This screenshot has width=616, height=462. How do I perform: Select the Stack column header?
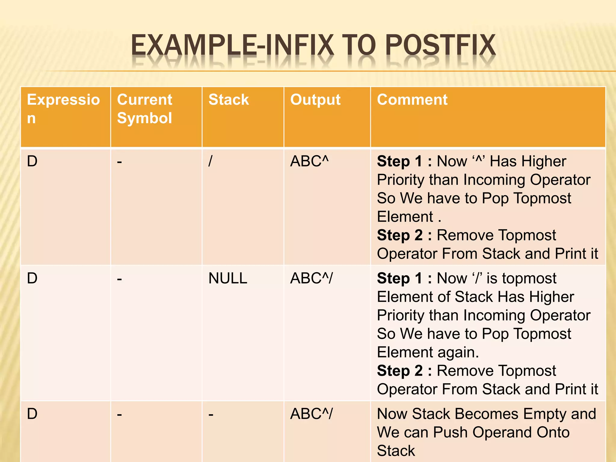point(229,100)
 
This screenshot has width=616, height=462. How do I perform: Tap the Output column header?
point(315,100)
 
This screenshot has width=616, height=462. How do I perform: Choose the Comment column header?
point(412,100)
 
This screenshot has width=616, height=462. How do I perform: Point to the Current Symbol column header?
point(145,109)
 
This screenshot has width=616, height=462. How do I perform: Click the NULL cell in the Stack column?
point(228,278)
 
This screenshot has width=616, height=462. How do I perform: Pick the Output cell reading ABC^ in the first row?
point(309,161)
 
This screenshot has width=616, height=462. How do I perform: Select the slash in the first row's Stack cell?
point(210,161)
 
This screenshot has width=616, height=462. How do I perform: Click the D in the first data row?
point(32,161)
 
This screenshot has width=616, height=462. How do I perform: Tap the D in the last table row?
point(32,414)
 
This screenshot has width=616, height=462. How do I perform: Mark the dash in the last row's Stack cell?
point(211,414)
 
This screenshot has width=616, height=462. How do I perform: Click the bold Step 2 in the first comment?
point(400,235)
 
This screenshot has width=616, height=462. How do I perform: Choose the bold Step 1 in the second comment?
point(400,278)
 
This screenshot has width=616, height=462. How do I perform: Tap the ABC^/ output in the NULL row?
point(311,278)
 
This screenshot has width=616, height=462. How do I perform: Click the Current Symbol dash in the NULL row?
point(119,279)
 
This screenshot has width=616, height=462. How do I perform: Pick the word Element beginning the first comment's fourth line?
point(405,217)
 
